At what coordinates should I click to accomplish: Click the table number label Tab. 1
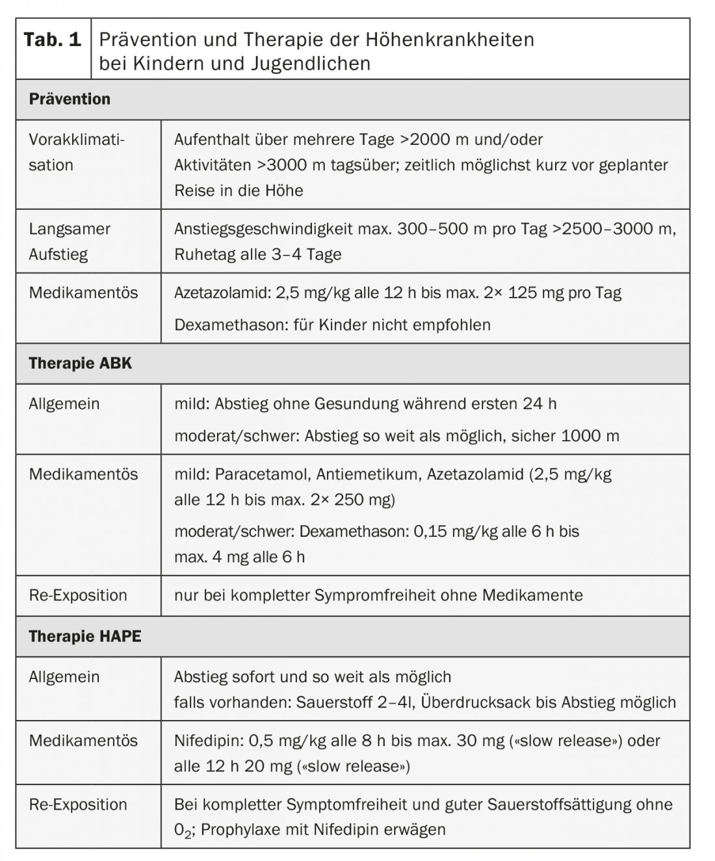click(x=53, y=40)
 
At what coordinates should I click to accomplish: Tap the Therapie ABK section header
click(x=80, y=363)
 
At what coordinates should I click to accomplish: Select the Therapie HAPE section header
click(x=84, y=636)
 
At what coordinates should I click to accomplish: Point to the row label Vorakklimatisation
click(x=76, y=152)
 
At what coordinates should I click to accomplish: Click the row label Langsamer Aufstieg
click(x=70, y=241)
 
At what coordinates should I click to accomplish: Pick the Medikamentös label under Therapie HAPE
click(x=83, y=740)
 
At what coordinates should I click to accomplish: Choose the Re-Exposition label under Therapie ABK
click(x=78, y=595)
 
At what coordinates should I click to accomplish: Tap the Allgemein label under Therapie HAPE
click(x=64, y=676)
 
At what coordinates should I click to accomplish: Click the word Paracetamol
click(x=261, y=474)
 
